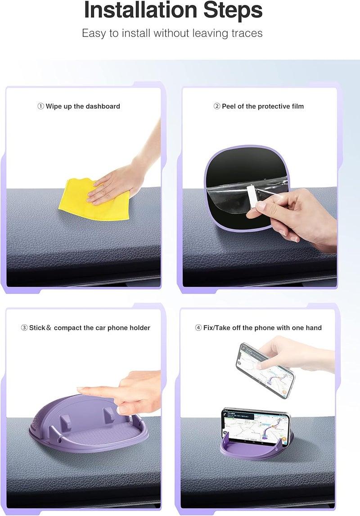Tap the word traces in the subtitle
tap(245, 33)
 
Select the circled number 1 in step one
tap(40, 107)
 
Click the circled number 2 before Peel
tap(216, 107)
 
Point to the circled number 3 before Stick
tap(24, 328)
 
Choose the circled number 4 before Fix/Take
tap(198, 328)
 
